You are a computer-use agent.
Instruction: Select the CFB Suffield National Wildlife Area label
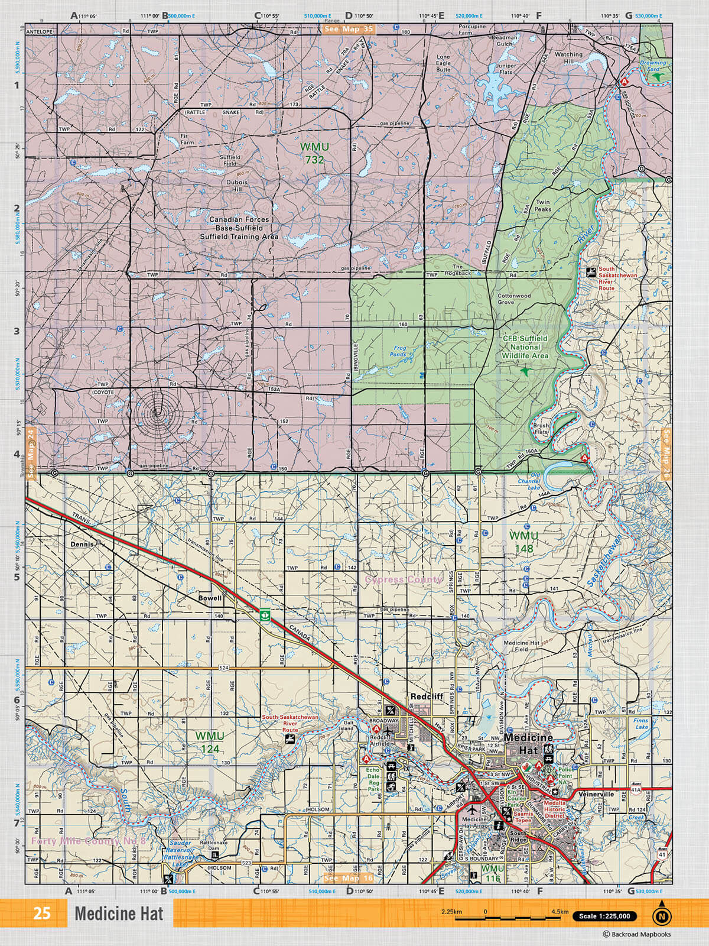pos(525,347)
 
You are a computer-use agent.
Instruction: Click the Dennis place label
pos(82,545)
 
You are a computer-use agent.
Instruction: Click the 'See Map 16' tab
pos(349,879)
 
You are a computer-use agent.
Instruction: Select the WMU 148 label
pos(523,542)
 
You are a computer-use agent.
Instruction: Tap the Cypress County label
pos(403,579)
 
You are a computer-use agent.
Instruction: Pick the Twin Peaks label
pos(542,205)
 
